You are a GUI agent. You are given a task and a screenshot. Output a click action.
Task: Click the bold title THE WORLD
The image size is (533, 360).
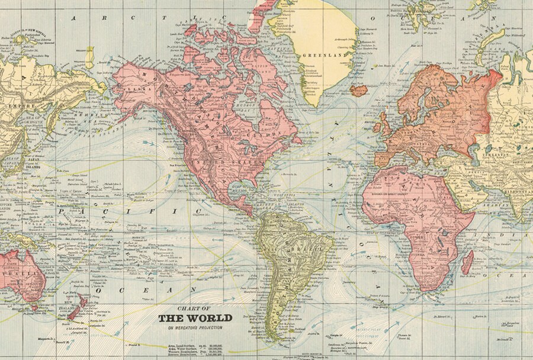tap(195, 318)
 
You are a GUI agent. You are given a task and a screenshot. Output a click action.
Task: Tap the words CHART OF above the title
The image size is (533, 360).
tap(194, 308)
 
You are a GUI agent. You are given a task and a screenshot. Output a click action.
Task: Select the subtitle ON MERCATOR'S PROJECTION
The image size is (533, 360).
tap(194, 327)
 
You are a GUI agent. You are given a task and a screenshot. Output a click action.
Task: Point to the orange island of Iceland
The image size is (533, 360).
tap(358, 91)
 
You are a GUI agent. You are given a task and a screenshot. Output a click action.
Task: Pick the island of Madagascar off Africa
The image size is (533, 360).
tap(467, 262)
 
